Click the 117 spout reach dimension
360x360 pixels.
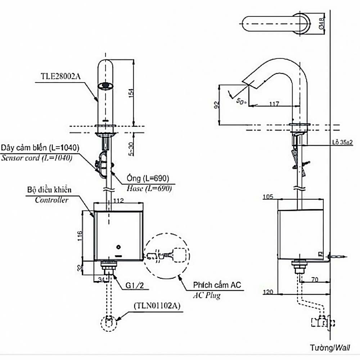[x=274, y=104]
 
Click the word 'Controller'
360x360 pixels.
[x=51, y=200]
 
